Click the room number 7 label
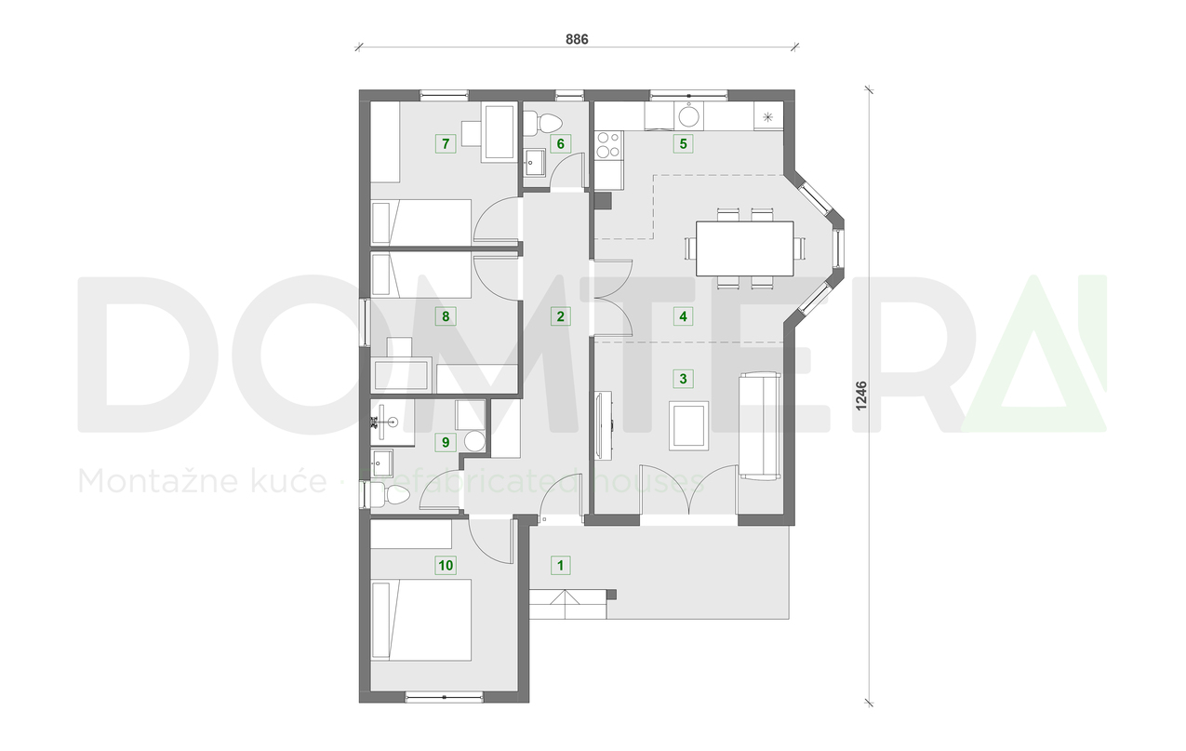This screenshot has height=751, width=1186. coord(446,143)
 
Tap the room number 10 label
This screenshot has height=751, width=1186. coord(446,564)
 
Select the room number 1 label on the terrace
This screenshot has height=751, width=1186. coord(559,564)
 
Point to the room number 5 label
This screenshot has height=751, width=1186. coord(684,143)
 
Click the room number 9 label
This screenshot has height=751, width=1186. coord(446,442)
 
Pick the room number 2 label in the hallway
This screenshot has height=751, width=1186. coord(559,316)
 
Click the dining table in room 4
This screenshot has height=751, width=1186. coord(745,248)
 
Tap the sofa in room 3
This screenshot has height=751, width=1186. coord(759,425)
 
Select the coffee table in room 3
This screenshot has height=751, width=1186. coord(689,425)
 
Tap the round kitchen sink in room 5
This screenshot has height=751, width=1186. coord(689,116)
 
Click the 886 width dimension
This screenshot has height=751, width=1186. coord(578,39)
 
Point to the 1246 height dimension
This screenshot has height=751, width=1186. coord(861,396)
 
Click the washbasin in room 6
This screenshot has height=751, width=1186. coord(536,163)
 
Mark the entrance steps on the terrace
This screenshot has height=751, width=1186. coord(567,604)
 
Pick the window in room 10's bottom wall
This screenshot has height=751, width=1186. coord(444,696)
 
